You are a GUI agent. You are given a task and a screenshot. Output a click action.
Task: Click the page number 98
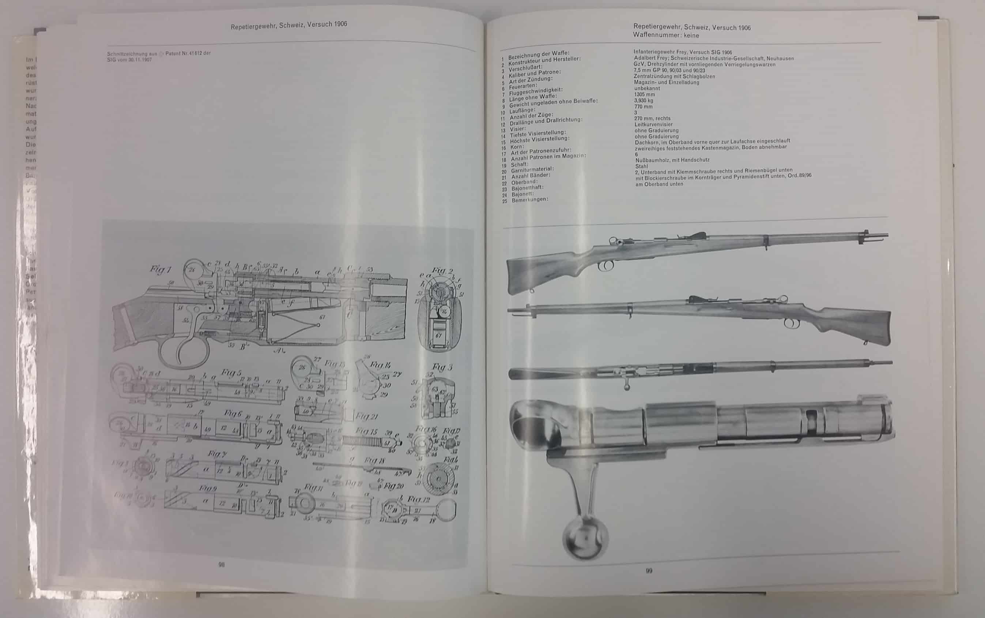(x=222, y=565)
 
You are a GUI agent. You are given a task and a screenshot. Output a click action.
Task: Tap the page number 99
(x=649, y=571)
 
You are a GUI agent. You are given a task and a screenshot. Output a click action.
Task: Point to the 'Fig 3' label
(x=442, y=367)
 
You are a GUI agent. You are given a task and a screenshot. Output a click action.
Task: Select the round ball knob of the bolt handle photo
(x=585, y=537)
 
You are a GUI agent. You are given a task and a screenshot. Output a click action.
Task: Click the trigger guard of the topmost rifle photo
(x=606, y=266)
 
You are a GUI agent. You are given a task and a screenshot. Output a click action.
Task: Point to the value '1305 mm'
(x=644, y=95)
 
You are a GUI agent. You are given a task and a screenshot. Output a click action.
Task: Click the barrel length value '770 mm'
(x=643, y=107)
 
